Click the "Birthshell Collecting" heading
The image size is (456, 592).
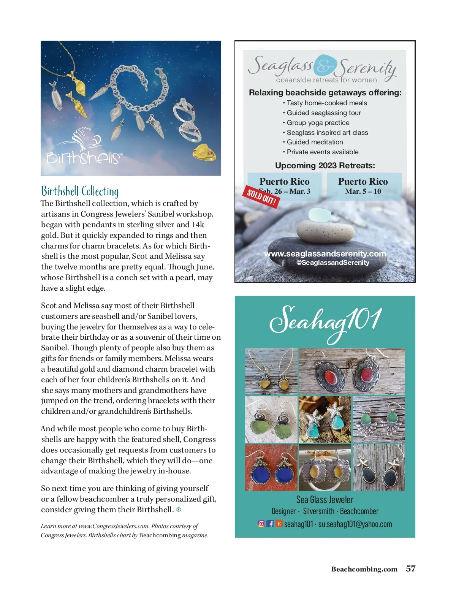pos(80,191)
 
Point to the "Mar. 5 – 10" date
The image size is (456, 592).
pos(363,192)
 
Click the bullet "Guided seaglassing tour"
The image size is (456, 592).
pos(323,113)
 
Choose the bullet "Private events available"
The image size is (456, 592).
pos(322,152)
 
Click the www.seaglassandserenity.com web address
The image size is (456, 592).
pos(325,254)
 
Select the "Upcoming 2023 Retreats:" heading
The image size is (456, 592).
pos(325,166)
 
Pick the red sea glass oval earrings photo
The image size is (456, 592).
pos(352,371)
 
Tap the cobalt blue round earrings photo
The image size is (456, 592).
pos(271,468)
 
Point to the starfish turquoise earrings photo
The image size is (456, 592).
pos(325,419)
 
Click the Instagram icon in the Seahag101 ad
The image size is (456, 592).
pos(261,524)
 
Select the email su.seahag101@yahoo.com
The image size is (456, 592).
pos(355,524)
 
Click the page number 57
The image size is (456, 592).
pos(410,569)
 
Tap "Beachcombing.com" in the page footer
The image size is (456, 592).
pos(364,569)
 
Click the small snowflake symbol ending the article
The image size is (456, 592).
pos(179,510)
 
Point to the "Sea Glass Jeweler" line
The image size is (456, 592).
pos(325,500)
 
